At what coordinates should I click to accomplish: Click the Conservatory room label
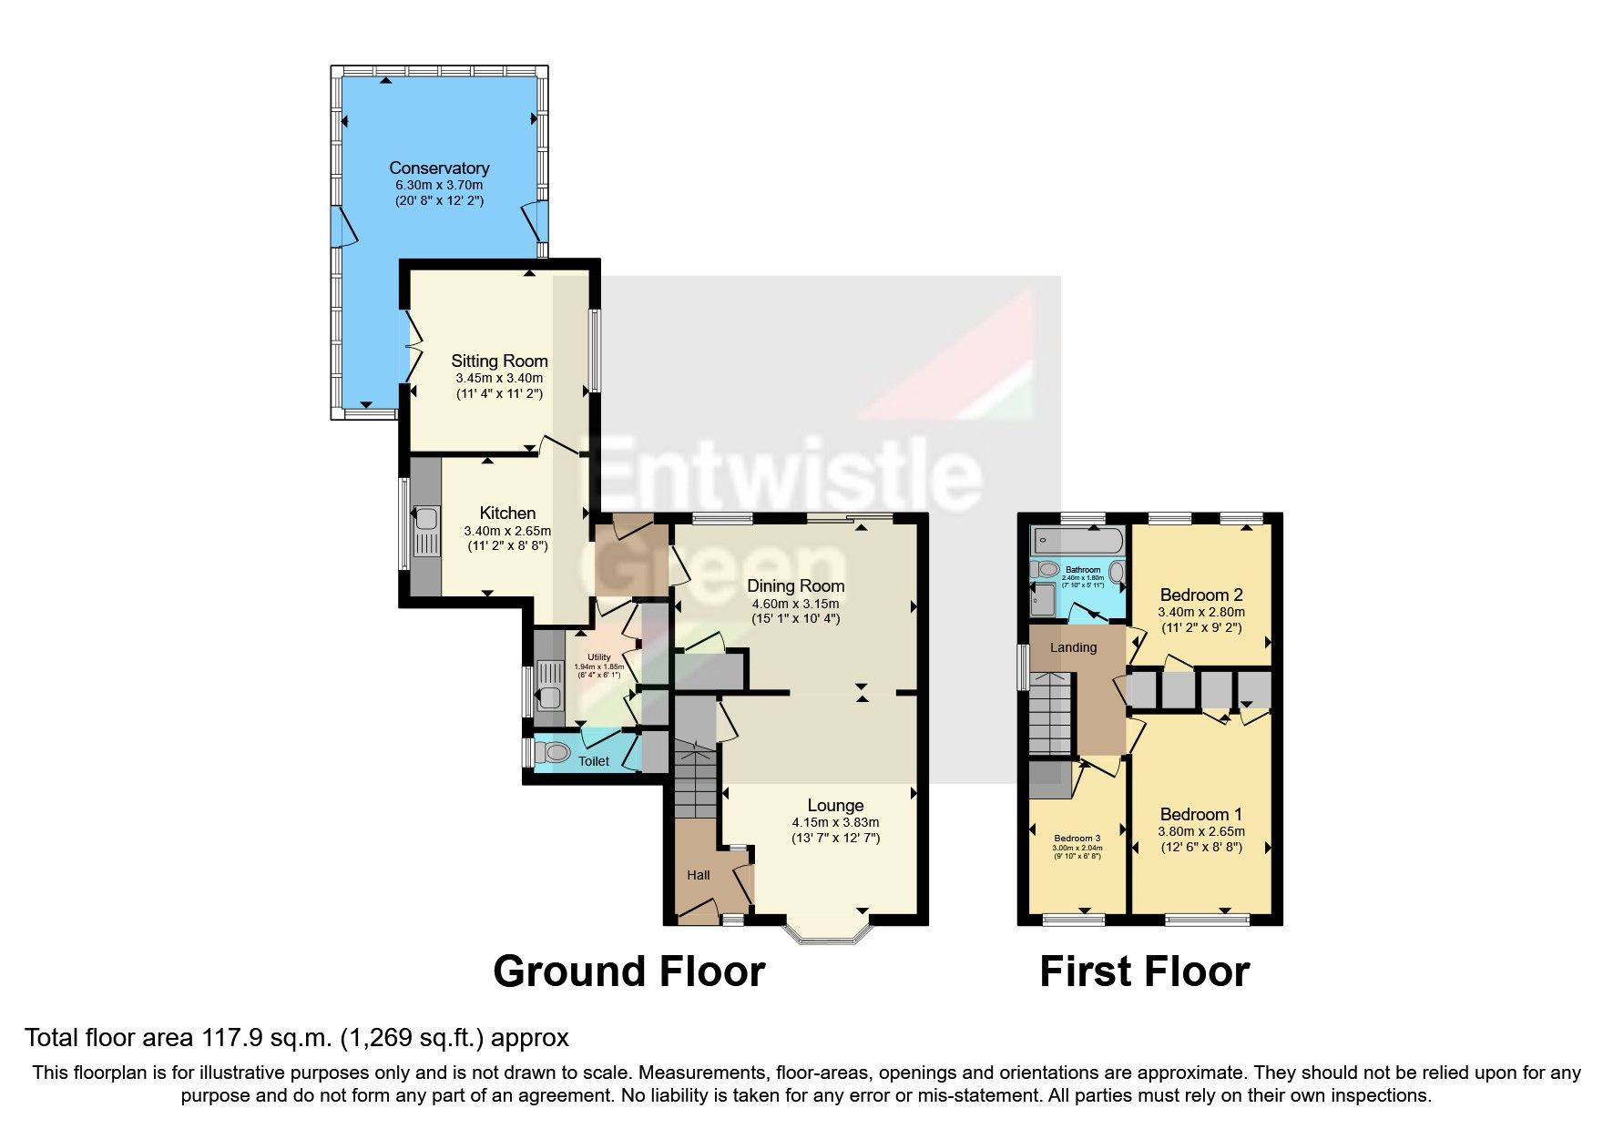pos(439,168)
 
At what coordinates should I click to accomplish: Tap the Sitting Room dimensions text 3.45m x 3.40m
pos(498,378)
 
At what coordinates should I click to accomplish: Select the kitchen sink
pos(425,522)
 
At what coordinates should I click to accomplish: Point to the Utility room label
pos(598,657)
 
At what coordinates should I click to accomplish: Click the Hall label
pos(699,875)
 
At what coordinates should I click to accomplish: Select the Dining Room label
pos(795,585)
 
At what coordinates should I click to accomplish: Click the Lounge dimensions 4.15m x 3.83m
pos(835,822)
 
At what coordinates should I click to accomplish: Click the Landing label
pos(1073,647)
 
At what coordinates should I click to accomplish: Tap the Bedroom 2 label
pos(1201,595)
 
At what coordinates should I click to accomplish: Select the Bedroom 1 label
pos(1200,814)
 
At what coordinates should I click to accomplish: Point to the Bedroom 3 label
pos(1077,838)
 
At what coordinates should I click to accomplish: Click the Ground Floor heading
pos(628,971)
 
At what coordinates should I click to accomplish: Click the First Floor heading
pos(1144,971)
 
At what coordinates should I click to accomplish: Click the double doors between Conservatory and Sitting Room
pos(411,346)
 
